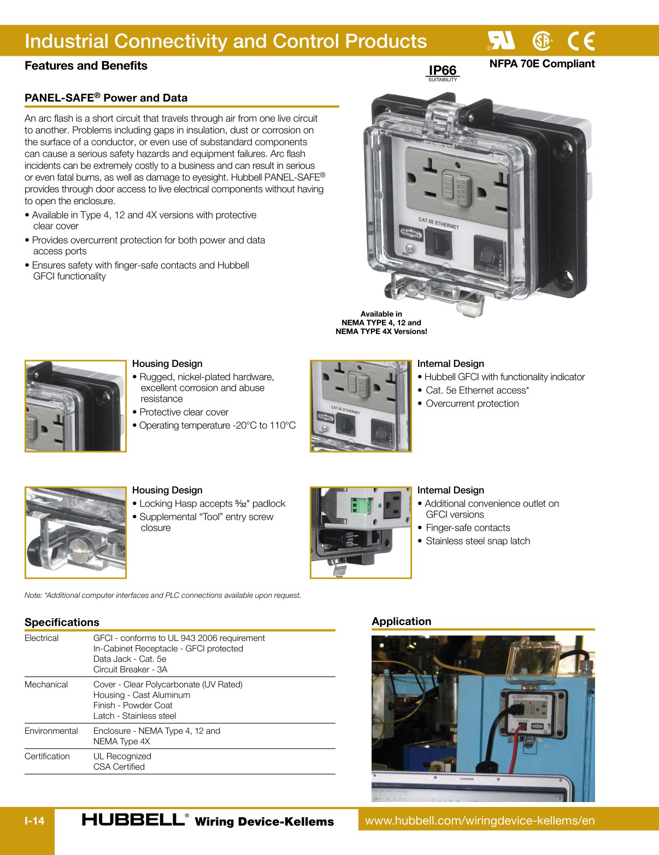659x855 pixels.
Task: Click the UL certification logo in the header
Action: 501,40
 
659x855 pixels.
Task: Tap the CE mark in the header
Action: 581,41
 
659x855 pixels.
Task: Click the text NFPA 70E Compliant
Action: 542,64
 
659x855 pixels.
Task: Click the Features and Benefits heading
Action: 86,66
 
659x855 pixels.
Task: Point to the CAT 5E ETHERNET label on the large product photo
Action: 438,223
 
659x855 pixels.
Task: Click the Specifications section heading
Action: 62,622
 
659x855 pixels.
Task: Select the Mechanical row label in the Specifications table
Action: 46,685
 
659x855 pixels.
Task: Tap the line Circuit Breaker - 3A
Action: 130,669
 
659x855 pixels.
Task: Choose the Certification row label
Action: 47,756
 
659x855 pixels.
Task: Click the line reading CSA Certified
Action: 119,767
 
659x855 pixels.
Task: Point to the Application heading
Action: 401,621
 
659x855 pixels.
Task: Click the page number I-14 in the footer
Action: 34,821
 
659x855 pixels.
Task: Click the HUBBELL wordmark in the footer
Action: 133,820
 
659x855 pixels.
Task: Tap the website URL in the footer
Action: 479,821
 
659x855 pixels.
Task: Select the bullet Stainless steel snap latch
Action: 477,541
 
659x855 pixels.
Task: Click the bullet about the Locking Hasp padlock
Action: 212,503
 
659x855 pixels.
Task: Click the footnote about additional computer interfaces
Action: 163,595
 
